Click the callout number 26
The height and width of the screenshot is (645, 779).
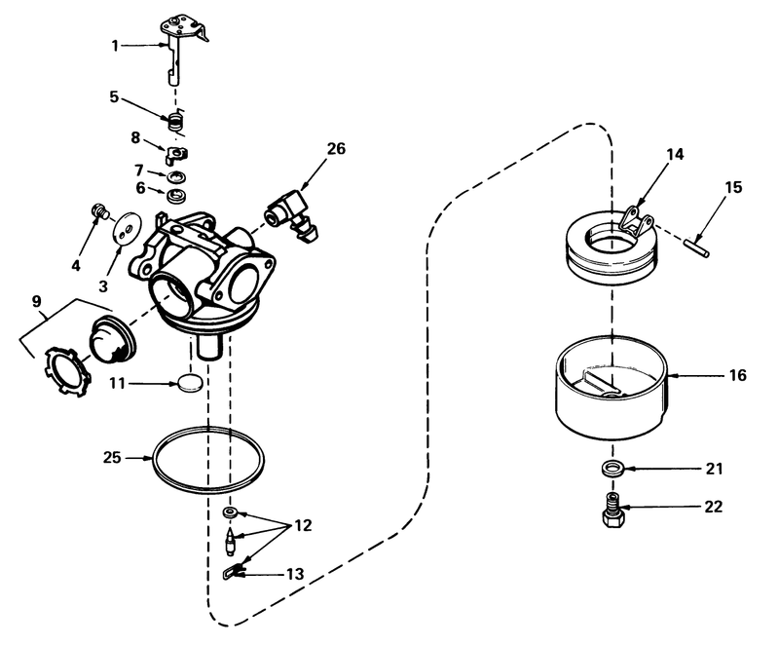coord(336,149)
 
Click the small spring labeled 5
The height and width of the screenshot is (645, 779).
coord(176,122)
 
